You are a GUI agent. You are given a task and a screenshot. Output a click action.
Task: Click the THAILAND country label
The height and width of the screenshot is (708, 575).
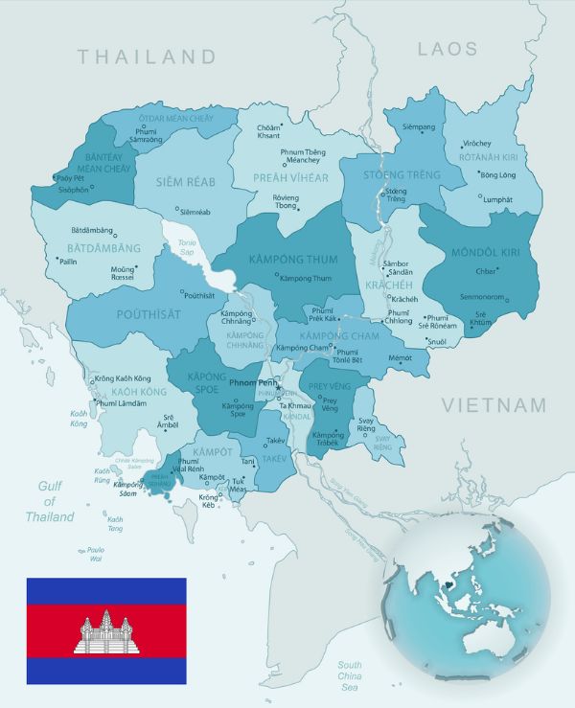[148, 57]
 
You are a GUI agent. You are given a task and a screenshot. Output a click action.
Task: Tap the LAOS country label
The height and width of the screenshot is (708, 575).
[447, 48]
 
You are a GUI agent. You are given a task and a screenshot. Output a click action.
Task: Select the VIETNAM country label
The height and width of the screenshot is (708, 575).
[494, 405]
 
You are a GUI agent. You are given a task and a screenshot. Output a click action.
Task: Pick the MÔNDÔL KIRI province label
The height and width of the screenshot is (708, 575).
[483, 253]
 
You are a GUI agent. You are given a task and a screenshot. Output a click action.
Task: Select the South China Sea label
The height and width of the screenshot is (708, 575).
[350, 675]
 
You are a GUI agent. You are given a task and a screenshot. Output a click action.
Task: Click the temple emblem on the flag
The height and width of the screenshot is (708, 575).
[106, 633]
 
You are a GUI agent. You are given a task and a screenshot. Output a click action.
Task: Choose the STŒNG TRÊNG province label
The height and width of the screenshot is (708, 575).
[402, 175]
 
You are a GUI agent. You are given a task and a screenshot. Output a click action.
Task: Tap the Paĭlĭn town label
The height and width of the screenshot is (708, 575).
[67, 261]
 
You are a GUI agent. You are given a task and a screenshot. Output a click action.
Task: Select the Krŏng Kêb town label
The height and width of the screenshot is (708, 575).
[209, 501]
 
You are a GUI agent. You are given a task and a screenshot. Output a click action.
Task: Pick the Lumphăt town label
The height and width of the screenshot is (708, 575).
[497, 199]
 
